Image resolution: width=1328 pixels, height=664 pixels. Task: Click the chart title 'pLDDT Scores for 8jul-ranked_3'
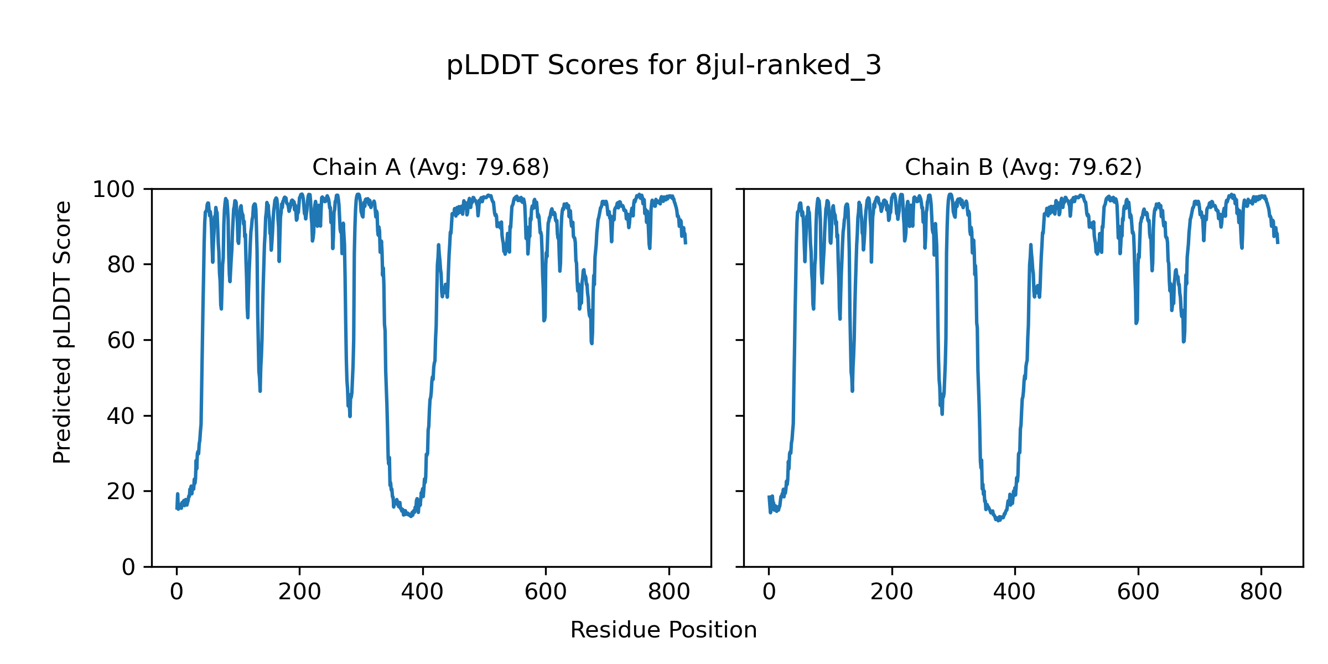(x=663, y=66)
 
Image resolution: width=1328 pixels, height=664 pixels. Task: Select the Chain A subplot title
(x=430, y=167)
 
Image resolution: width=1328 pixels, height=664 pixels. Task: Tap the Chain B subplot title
(x=1023, y=167)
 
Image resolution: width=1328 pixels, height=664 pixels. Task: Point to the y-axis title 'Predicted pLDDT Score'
(x=62, y=332)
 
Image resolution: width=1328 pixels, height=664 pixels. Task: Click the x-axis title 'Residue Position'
(x=663, y=630)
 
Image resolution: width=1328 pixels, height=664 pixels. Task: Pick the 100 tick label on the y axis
(x=113, y=190)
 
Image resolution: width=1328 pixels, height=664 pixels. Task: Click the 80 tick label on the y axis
(x=121, y=265)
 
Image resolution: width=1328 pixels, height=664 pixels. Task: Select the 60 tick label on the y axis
(x=121, y=341)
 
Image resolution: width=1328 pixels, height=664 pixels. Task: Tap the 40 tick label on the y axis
(x=121, y=416)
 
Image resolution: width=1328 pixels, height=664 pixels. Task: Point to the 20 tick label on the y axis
(x=121, y=491)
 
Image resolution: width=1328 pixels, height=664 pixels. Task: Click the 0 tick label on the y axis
(x=128, y=567)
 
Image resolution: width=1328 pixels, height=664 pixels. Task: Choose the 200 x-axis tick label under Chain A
(x=299, y=592)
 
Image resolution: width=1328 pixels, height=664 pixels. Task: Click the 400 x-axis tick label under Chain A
(x=422, y=592)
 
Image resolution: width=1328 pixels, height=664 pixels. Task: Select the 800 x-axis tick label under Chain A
(x=668, y=592)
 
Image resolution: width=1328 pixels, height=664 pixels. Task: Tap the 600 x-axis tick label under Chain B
(x=1138, y=592)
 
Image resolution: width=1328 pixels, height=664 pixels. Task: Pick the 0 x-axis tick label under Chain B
(x=769, y=592)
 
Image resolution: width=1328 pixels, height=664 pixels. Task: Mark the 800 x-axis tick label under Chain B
(x=1260, y=592)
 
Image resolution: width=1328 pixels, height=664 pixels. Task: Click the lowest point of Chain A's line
(x=411, y=516)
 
